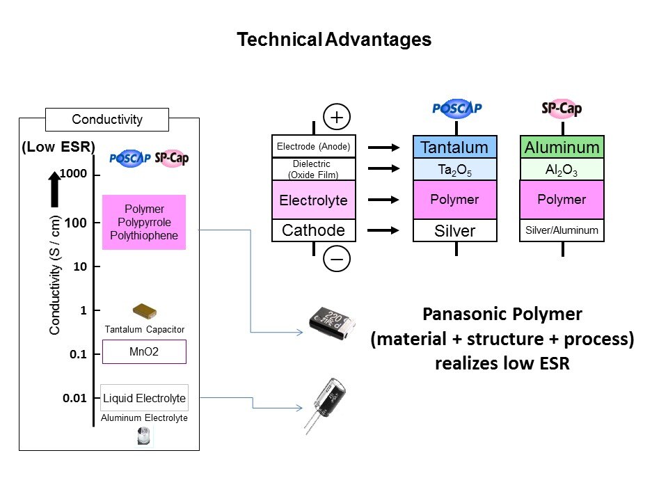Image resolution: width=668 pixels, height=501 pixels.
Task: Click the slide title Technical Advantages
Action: [334, 40]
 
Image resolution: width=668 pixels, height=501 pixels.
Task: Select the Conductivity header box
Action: [107, 120]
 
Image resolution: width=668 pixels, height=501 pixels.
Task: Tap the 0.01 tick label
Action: [74, 398]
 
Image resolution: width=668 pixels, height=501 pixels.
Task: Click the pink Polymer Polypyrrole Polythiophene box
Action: [144, 222]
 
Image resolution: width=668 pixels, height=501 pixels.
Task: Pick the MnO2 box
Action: [144, 351]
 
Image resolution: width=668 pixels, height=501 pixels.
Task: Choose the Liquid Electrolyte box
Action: [144, 399]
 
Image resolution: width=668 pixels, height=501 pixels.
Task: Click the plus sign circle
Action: [337, 117]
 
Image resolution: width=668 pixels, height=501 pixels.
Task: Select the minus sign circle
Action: [337, 259]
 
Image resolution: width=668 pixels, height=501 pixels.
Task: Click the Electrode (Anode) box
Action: [313, 147]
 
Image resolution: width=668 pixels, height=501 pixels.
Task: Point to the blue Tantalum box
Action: [454, 148]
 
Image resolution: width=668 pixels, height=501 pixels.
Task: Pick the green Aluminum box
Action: [562, 148]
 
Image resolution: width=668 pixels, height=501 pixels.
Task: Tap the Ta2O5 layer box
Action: [454, 170]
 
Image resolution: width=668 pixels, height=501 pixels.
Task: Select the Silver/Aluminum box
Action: [562, 230]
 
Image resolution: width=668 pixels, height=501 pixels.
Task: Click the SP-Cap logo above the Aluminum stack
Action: [562, 108]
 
